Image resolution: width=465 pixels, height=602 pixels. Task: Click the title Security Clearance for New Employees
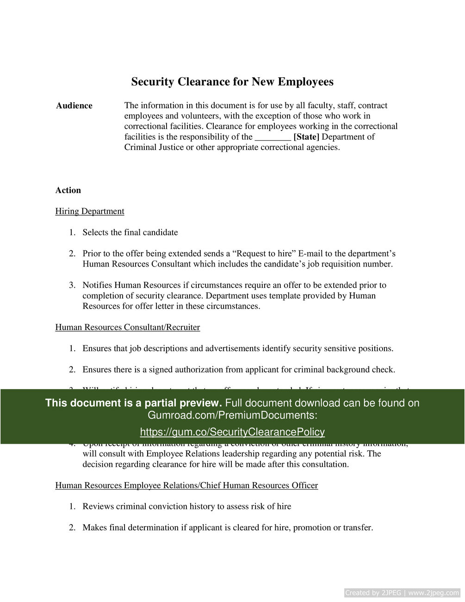click(232, 82)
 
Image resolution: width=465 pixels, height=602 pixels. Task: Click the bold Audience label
click(74, 106)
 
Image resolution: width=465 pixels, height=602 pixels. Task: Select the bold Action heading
click(68, 190)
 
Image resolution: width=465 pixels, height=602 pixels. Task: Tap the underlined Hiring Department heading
click(90, 211)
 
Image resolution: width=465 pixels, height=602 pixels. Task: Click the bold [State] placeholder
click(306, 137)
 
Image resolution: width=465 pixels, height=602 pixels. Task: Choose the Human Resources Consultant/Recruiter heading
click(128, 328)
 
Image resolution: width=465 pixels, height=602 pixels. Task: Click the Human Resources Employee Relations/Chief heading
click(186, 485)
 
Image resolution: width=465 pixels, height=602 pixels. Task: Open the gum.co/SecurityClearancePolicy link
click(232, 432)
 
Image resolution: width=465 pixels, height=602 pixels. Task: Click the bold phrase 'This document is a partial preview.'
click(134, 403)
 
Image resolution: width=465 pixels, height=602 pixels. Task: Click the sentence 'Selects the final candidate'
click(130, 232)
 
